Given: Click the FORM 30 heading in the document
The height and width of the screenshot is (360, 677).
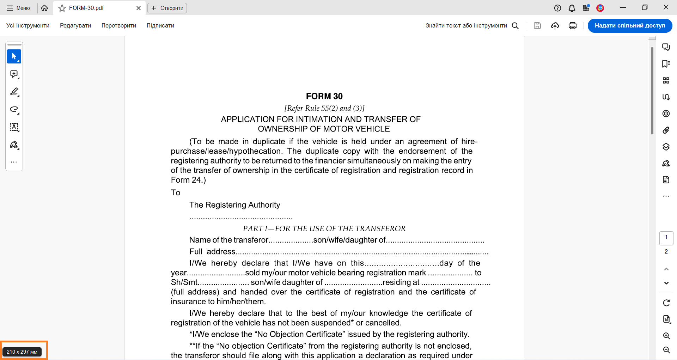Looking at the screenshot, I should coord(324,96).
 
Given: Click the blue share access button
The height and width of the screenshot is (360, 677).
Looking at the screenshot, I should coord(630,26).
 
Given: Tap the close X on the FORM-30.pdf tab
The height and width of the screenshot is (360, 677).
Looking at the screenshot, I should coord(139,8).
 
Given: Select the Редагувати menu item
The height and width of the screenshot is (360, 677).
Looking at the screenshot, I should coord(75,26).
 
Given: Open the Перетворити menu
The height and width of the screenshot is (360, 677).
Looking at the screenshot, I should coord(119,26).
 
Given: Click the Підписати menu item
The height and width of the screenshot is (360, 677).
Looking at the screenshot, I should coord(160,26).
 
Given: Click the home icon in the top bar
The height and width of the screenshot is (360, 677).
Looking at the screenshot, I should coord(44,8).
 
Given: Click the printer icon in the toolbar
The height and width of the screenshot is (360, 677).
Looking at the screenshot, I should coord(573,26).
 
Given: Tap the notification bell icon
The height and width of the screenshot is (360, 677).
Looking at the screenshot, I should coord(572,8).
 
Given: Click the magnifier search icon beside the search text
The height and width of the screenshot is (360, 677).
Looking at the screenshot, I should coord(515,26).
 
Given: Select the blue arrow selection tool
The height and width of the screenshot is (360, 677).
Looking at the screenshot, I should coord(14,56).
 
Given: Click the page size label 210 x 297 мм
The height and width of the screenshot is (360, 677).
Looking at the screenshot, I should coord(22,352).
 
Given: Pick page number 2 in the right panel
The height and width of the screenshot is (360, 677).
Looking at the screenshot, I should coord(666,251).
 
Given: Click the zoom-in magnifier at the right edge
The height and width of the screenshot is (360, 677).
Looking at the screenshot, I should coord(666,336).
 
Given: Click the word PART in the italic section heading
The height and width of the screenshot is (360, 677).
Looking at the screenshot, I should coord(253,229).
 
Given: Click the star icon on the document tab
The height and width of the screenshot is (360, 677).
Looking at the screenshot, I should coord(62,8).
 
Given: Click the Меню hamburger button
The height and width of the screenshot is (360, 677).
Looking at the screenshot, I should coord(18,8).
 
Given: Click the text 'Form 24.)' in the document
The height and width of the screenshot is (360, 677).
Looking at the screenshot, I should coord(188,180).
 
